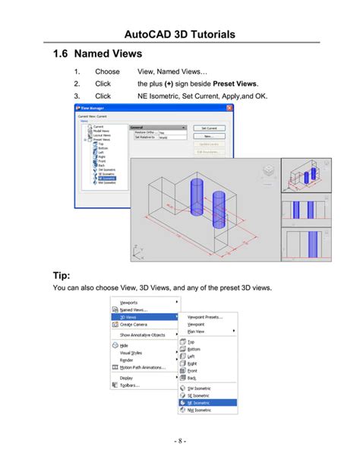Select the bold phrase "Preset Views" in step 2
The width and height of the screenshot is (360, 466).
point(235,83)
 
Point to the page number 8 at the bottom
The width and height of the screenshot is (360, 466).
point(179,441)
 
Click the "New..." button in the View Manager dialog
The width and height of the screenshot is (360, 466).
point(207,136)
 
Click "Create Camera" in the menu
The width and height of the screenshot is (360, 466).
point(134,325)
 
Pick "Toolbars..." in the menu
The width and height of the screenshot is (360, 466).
point(130,385)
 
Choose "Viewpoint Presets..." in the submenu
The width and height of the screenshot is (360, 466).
point(204,316)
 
